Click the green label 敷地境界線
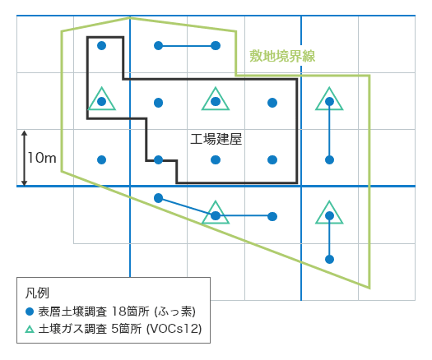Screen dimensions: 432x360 pyautogui.click(x=282, y=56)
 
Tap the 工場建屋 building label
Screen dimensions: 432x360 pyautogui.click(x=216, y=139)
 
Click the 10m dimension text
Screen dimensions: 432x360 pyautogui.click(x=42, y=158)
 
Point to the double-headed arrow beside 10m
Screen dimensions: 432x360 pyautogui.click(x=24, y=158)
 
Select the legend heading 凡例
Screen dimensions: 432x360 pyautogui.click(x=37, y=293)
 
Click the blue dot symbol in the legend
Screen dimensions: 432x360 pyautogui.click(x=30, y=312)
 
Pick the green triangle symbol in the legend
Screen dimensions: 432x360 pyautogui.click(x=30, y=329)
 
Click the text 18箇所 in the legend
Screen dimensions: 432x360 pyautogui.click(x=130, y=312)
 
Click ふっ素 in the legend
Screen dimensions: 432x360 pyautogui.click(x=174, y=312)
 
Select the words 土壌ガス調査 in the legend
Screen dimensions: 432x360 pyautogui.click(x=72, y=329)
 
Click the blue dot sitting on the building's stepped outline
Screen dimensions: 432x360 pyautogui.click(x=159, y=160)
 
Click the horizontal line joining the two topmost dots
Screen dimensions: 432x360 pyautogui.click(x=187, y=46)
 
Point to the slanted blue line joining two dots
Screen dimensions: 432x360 pyautogui.click(x=187, y=207)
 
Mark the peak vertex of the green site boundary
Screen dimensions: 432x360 pyautogui.click(x=129, y=18)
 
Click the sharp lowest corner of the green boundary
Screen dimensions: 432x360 pyautogui.click(x=369, y=288)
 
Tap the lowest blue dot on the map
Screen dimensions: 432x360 pyautogui.click(x=329, y=259)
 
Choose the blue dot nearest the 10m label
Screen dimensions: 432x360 pyautogui.click(x=102, y=160)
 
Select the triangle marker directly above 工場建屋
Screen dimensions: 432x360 pyautogui.click(x=216, y=99)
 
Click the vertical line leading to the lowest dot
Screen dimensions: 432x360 pyautogui.click(x=329, y=238)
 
